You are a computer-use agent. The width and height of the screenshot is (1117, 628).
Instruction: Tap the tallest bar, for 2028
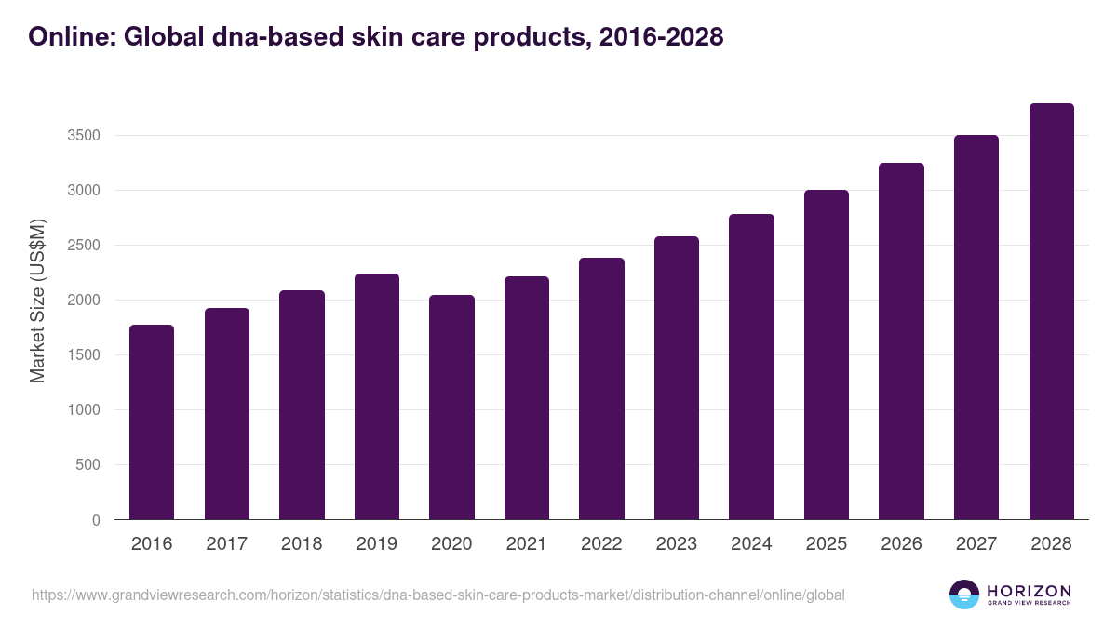coord(1051,311)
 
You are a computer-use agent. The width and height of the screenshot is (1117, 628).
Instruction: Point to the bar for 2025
coord(827,354)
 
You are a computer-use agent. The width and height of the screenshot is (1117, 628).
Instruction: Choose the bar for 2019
coord(377,396)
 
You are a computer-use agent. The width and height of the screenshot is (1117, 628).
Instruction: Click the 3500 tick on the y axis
coord(83,136)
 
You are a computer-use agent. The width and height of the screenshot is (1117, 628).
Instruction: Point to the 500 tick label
coord(87,465)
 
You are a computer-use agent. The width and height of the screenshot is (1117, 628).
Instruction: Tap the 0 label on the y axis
coord(96,520)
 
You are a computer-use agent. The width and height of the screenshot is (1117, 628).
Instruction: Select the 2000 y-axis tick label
coord(83,301)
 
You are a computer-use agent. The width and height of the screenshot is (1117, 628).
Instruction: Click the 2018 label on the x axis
coord(302,544)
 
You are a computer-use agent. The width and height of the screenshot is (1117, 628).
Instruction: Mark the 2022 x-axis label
coord(601,544)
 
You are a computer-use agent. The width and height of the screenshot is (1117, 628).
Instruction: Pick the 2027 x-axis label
coord(976,544)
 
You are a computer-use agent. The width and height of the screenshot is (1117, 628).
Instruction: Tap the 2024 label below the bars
coord(751,544)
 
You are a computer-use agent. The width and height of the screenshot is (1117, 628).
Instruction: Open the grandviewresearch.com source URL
coord(438,595)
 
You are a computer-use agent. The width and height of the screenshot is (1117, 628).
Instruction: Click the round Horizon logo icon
coord(964,595)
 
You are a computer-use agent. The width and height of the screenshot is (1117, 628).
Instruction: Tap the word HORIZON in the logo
coord(1030,590)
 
